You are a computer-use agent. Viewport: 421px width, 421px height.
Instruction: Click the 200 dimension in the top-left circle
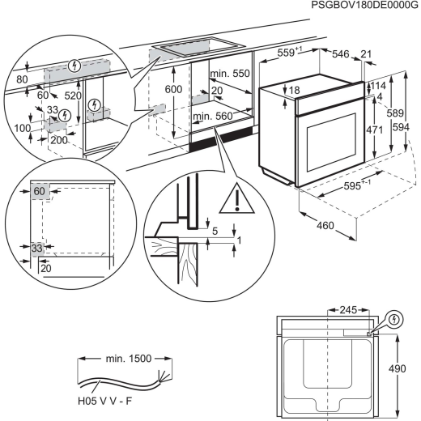click(x=58, y=140)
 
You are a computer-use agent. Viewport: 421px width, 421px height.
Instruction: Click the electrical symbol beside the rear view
click(x=393, y=319)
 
